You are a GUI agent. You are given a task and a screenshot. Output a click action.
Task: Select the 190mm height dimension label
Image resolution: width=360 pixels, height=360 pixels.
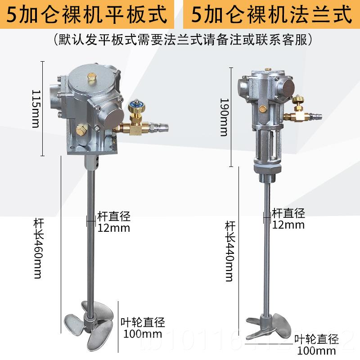point(224,117)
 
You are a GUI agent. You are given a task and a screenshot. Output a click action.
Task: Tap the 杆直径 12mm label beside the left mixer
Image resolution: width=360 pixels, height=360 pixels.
point(114,221)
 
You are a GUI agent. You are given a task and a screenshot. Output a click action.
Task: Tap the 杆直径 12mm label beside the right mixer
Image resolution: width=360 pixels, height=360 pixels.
point(288,219)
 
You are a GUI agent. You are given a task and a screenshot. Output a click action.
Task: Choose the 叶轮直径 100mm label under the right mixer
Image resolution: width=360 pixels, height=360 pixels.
point(316,344)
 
